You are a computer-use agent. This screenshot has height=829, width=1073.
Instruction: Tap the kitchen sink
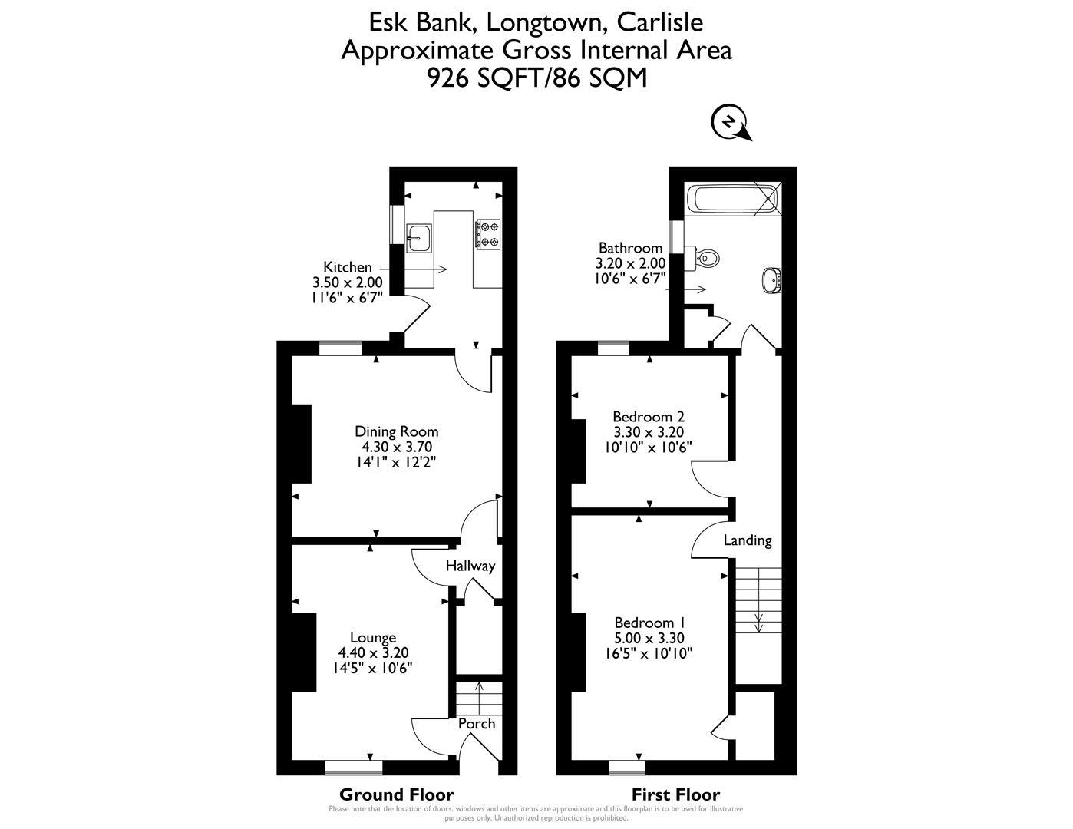[418, 238]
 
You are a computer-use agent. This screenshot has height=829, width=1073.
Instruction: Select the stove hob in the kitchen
[488, 234]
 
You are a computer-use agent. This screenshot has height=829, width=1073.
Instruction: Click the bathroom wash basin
[771, 279]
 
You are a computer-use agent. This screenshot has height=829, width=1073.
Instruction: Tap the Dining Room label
[396, 431]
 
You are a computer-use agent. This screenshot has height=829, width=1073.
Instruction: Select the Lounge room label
[373, 637]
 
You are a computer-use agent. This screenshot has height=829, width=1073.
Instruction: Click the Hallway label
[470, 566]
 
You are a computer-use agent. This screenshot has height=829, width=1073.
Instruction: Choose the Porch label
[477, 724]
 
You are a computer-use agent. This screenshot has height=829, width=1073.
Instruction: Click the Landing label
[748, 540]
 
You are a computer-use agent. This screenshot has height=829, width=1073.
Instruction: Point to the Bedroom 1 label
[649, 623]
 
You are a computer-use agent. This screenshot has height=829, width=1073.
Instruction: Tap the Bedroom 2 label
[649, 417]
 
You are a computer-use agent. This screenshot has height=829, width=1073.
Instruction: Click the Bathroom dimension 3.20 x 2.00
[630, 263]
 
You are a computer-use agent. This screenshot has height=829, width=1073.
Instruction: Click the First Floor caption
[675, 794]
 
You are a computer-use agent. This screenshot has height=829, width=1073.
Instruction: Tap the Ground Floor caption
[396, 794]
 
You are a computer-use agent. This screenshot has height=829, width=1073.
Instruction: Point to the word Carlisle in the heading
[659, 22]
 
